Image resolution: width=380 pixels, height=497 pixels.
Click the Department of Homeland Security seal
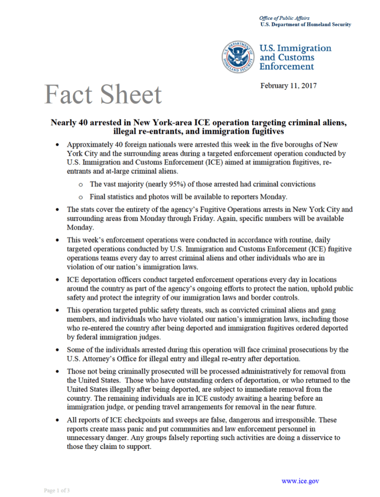[x=239, y=57]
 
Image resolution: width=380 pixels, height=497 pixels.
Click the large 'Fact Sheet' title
[x=103, y=94]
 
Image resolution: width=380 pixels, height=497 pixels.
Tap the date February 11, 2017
[x=288, y=86]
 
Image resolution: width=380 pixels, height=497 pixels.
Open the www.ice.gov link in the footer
[x=300, y=481]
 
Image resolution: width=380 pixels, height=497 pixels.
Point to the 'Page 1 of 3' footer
[x=57, y=491]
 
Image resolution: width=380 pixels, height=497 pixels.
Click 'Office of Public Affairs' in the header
[x=284, y=18]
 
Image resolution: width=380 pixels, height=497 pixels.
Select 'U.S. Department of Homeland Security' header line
[x=305, y=24]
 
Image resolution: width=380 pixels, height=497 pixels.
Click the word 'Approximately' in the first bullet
[x=90, y=145]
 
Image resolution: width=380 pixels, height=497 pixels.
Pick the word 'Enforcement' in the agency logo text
[x=287, y=66]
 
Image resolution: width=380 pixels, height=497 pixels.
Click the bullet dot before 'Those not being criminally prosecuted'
[x=58, y=372]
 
